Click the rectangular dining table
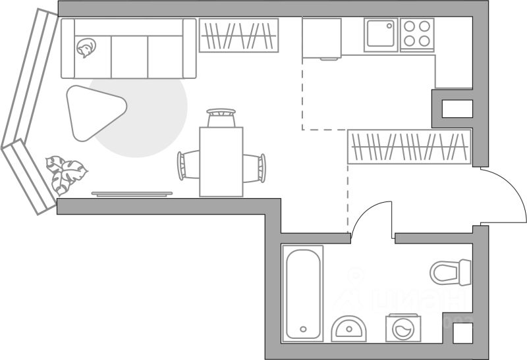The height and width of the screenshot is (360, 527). [x=221, y=162]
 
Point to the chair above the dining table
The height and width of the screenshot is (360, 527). [x=221, y=118]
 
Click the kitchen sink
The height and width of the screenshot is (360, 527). [x=381, y=34]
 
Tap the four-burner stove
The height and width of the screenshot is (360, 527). [x=418, y=34]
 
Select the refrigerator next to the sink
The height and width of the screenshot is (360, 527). [x=321, y=38]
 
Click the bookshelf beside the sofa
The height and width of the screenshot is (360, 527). [x=238, y=35]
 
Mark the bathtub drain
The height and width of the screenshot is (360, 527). [x=302, y=329]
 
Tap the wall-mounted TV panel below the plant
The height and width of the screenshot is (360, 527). [x=132, y=193]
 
